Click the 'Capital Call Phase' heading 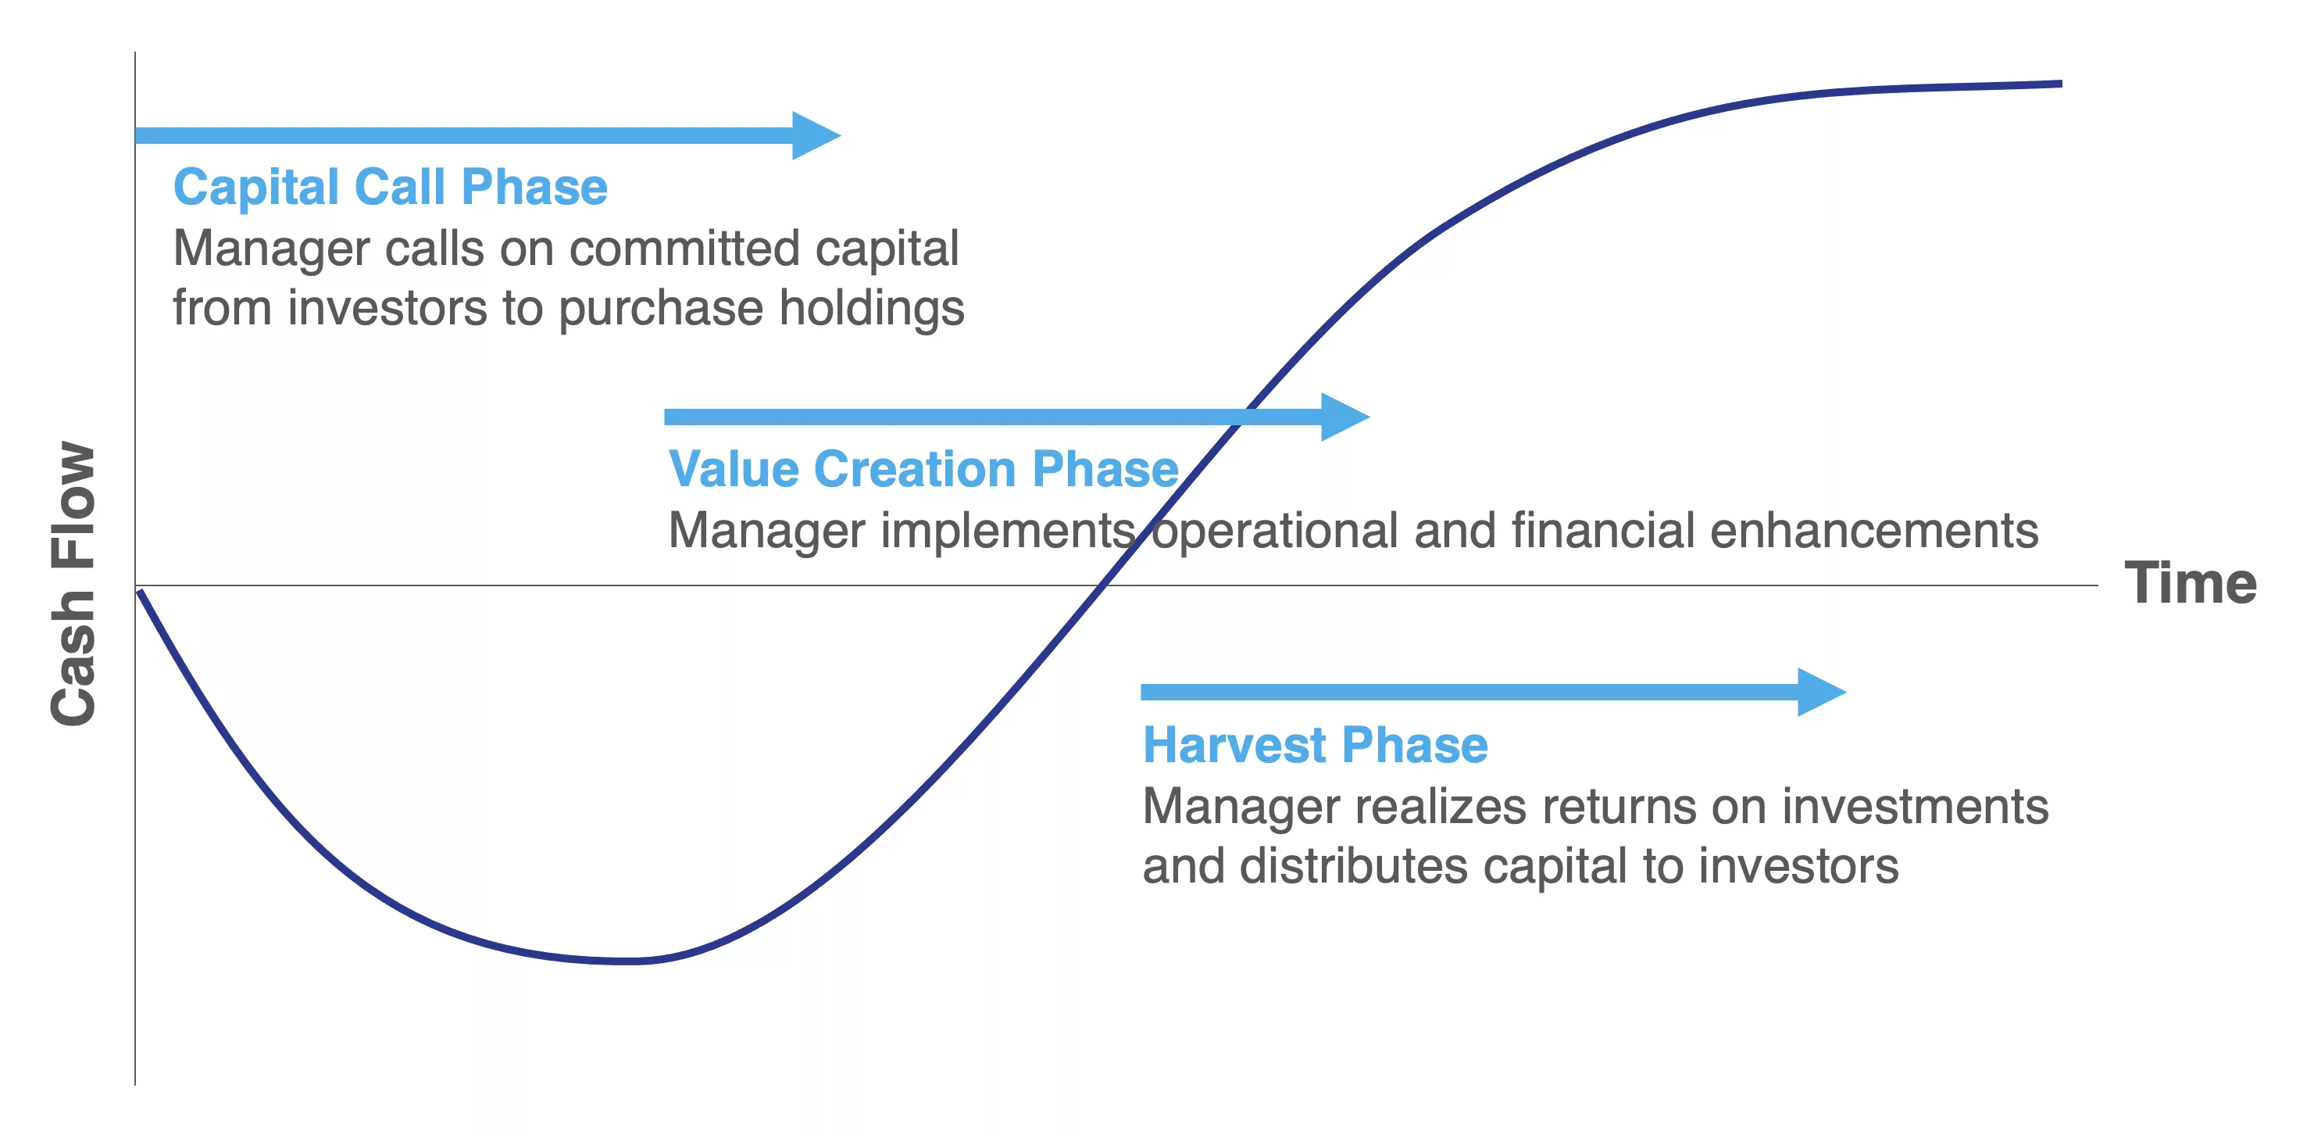click(x=391, y=188)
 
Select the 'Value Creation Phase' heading click(x=923, y=469)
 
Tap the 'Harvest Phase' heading click(x=1315, y=745)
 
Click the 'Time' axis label click(x=2190, y=583)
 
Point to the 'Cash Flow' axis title click(x=73, y=583)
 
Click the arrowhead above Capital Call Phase click(x=816, y=136)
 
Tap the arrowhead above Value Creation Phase click(x=1344, y=417)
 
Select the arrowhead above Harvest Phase click(x=1822, y=692)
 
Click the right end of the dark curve click(x=2062, y=84)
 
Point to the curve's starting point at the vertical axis click(x=138, y=590)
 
